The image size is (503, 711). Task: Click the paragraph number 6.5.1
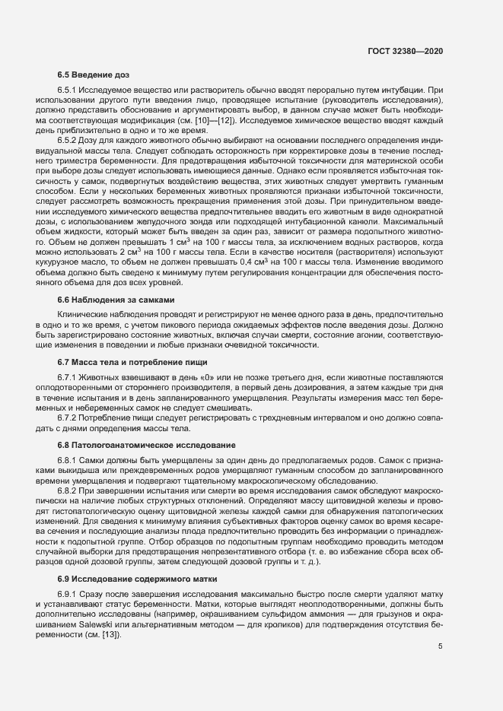(x=68, y=90)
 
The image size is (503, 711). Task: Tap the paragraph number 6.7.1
(x=68, y=376)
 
